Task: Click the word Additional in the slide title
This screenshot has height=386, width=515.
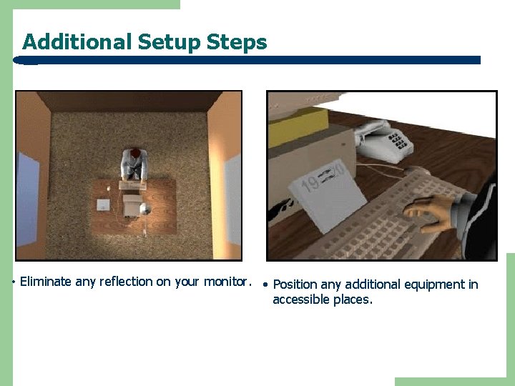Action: (x=77, y=42)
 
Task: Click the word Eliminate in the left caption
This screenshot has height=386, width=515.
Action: (x=46, y=282)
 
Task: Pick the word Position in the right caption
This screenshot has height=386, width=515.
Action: (x=295, y=284)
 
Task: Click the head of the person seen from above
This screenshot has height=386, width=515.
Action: (x=134, y=154)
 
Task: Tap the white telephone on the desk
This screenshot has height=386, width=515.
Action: (x=383, y=140)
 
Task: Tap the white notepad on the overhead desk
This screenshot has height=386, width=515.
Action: (x=104, y=205)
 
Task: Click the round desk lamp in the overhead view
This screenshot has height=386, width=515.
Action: (x=144, y=209)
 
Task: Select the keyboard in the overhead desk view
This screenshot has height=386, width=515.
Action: (x=132, y=185)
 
